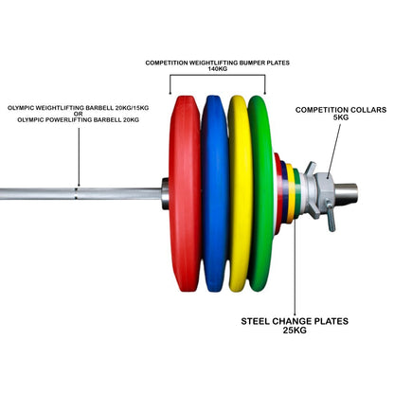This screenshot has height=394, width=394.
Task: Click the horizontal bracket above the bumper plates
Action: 218,80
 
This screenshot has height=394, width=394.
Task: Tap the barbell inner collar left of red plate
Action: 165,193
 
